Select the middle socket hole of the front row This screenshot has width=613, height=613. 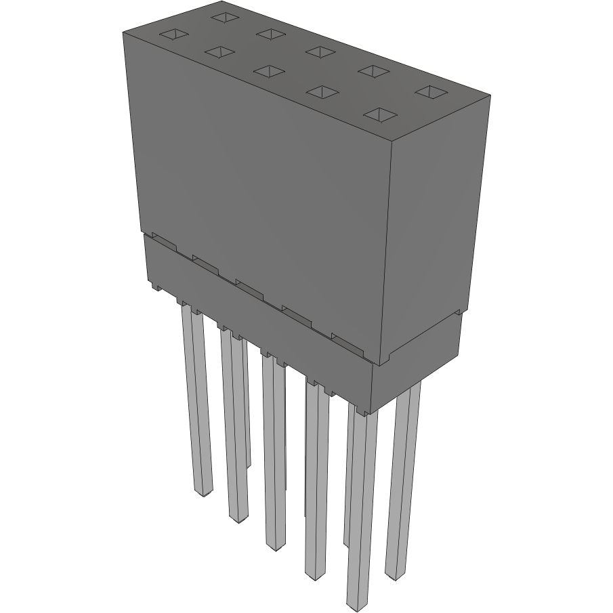[270, 71]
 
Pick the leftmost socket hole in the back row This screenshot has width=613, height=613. [223, 16]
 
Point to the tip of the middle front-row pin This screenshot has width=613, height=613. [276, 546]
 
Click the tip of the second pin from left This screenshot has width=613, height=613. [238, 519]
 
